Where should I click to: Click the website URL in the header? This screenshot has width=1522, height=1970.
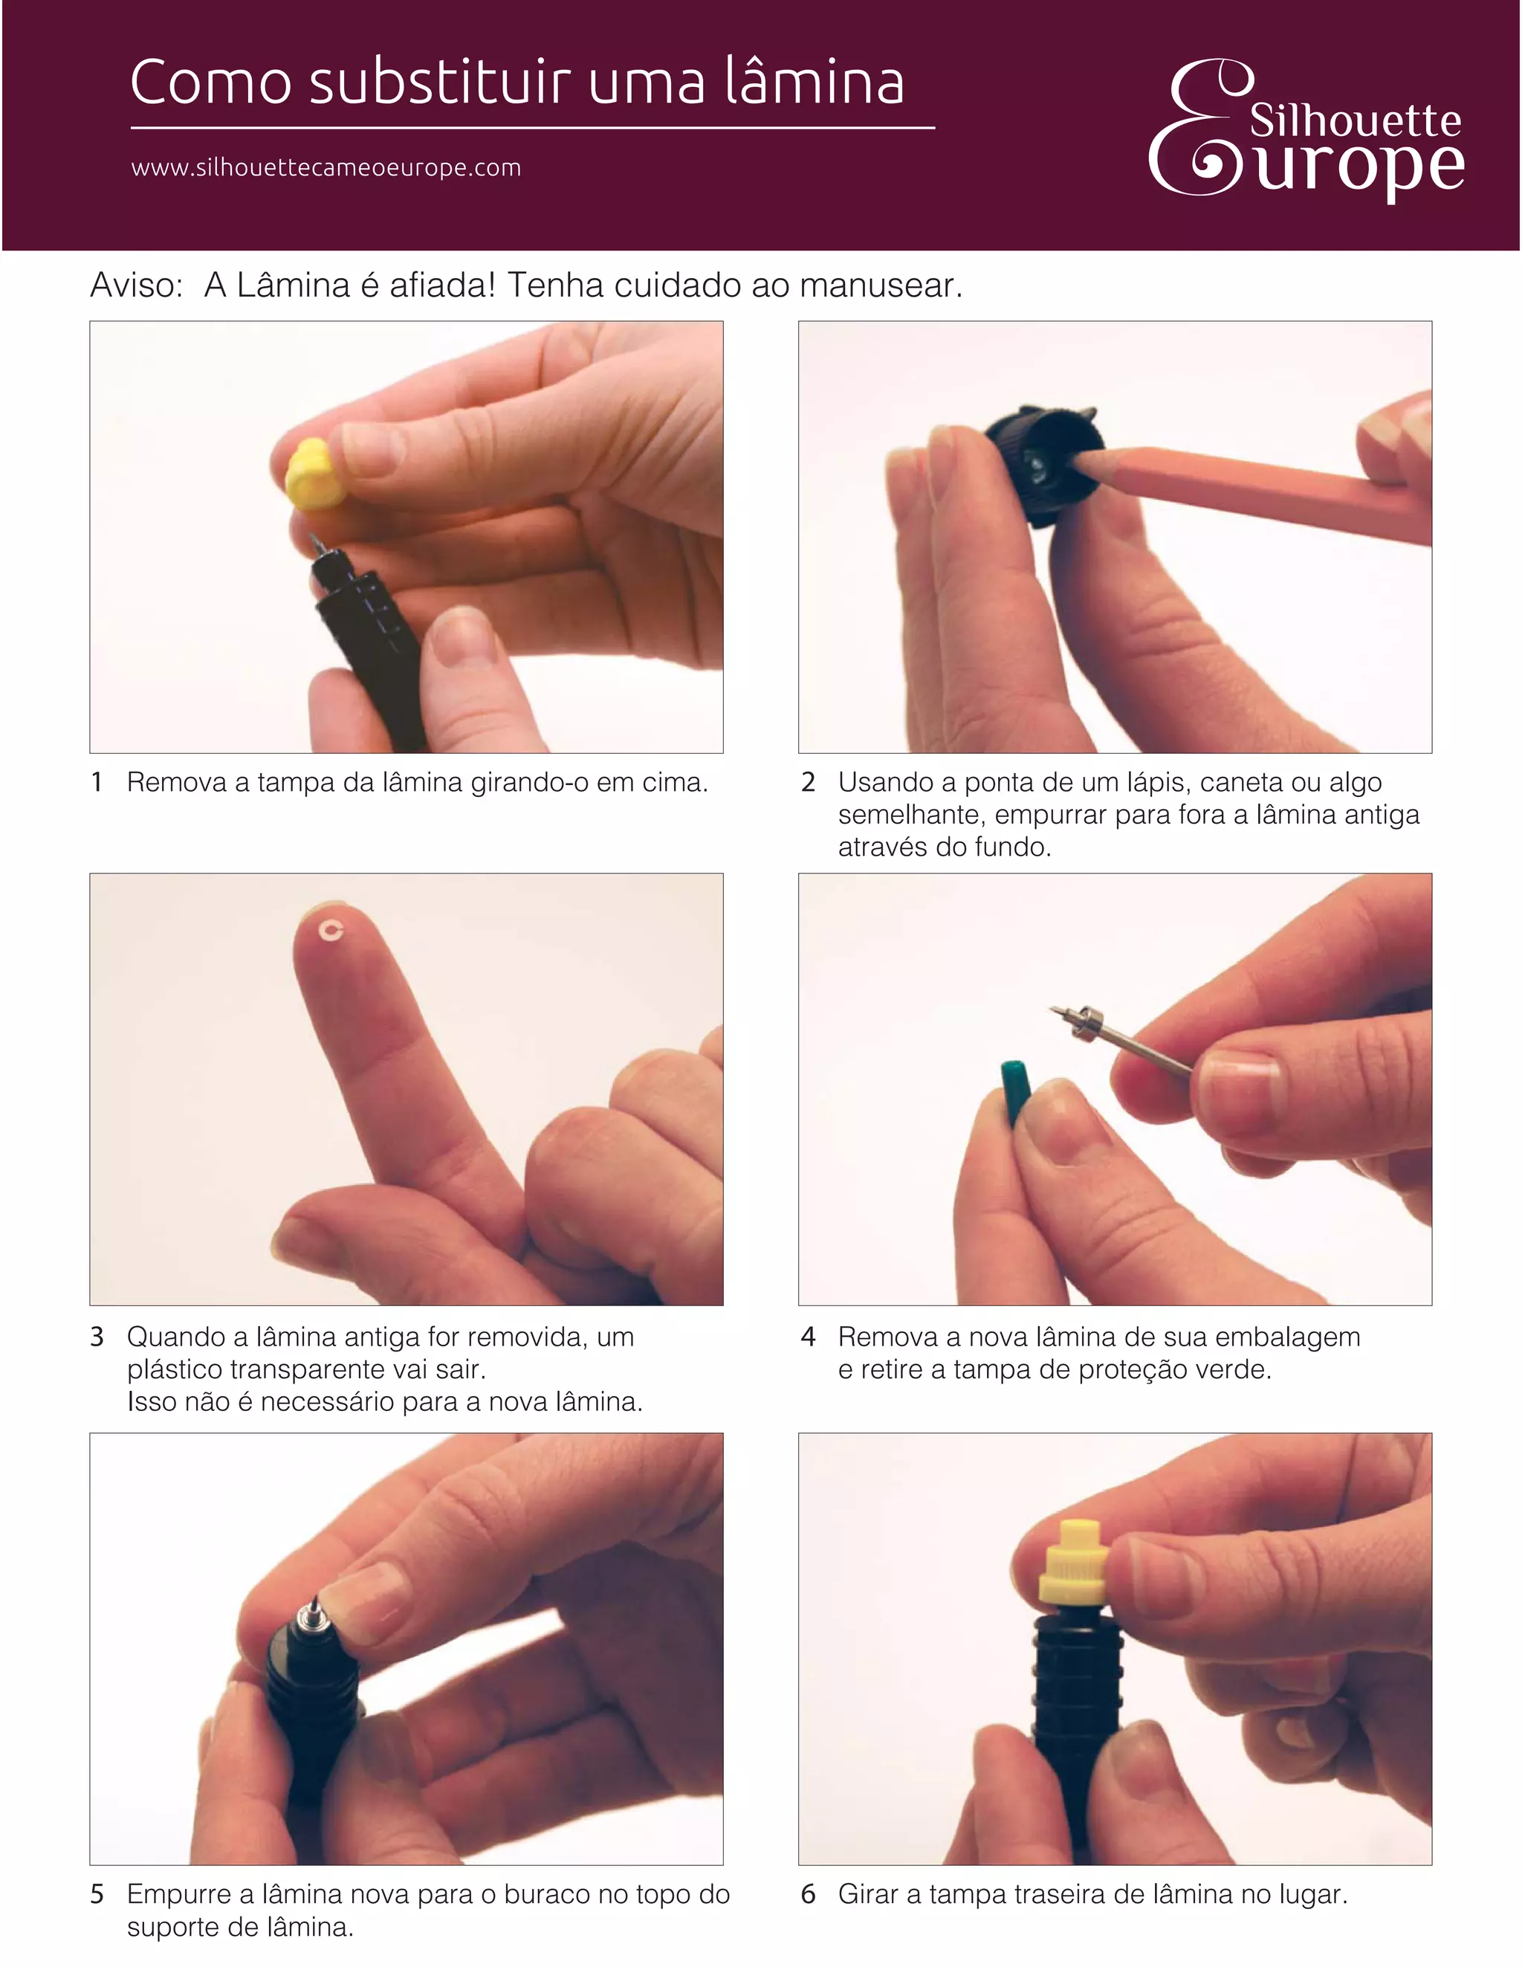pos(326,169)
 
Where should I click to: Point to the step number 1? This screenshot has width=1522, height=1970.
pos(97,782)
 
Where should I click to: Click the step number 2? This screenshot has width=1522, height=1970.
pos(809,782)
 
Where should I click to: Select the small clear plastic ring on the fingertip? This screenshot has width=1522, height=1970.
pos(331,930)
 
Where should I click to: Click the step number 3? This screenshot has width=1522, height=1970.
pos(97,1337)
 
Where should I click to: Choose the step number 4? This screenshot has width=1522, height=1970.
pos(809,1337)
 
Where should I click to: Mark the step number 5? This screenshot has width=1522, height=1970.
pos(97,1894)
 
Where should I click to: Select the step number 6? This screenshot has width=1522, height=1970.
pos(809,1894)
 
